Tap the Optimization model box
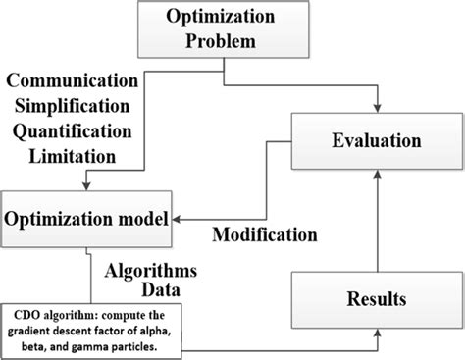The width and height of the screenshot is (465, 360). click(86, 215)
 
